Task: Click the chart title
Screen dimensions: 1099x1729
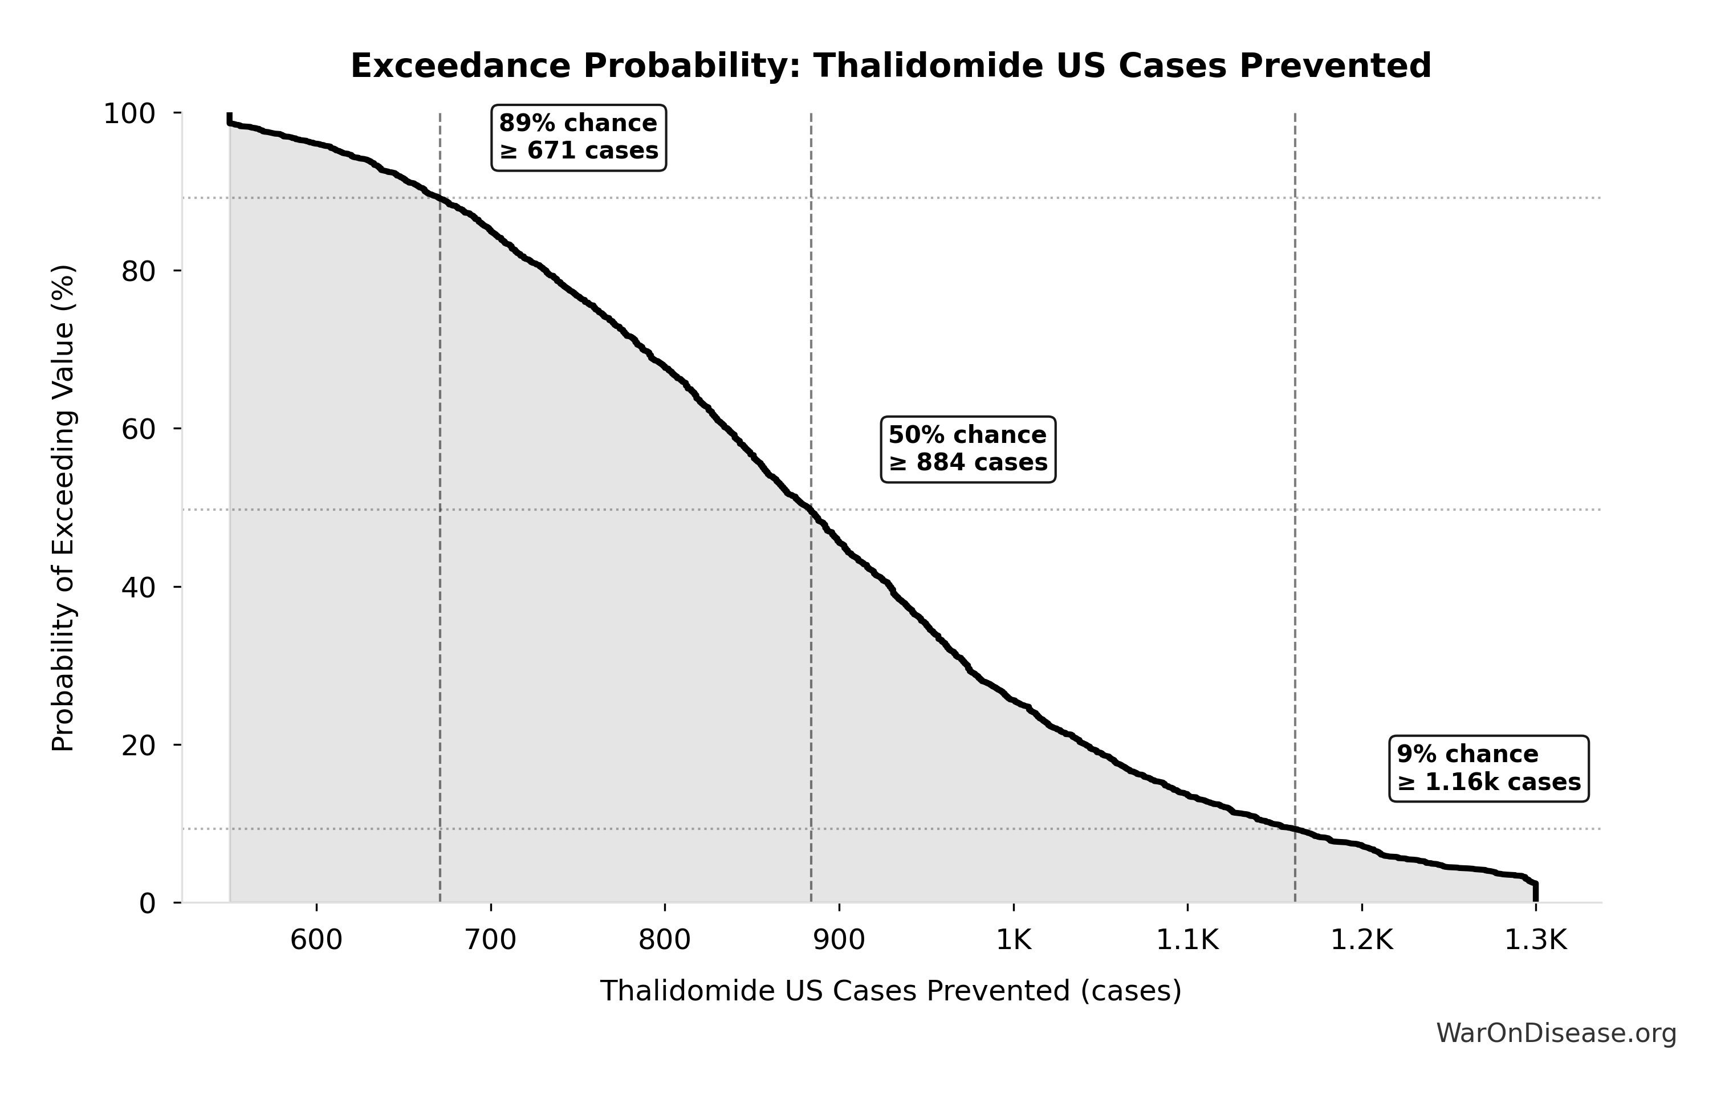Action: (x=890, y=66)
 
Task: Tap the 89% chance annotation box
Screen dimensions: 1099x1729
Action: (x=578, y=137)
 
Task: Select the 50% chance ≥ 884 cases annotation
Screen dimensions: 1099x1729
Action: (x=968, y=449)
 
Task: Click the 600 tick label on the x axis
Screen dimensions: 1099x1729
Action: (x=316, y=939)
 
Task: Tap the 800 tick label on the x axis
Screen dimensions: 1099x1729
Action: (x=665, y=939)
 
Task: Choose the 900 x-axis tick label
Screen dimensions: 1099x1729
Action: (x=839, y=939)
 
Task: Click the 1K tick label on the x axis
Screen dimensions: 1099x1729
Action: (x=1013, y=939)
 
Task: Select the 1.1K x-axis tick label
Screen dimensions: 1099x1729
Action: (x=1187, y=939)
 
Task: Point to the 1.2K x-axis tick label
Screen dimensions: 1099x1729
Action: (x=1361, y=939)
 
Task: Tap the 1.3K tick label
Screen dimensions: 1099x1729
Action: (x=1535, y=939)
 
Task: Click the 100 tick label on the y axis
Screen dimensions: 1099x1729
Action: (x=129, y=113)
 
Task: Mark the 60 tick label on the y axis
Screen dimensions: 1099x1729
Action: (x=138, y=429)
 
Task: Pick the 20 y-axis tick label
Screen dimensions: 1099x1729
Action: (x=138, y=745)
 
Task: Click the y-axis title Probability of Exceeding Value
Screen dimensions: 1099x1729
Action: (x=63, y=508)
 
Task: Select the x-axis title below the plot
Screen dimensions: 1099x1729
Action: (x=890, y=991)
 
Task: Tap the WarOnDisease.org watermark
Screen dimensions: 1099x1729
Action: (x=1556, y=1033)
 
